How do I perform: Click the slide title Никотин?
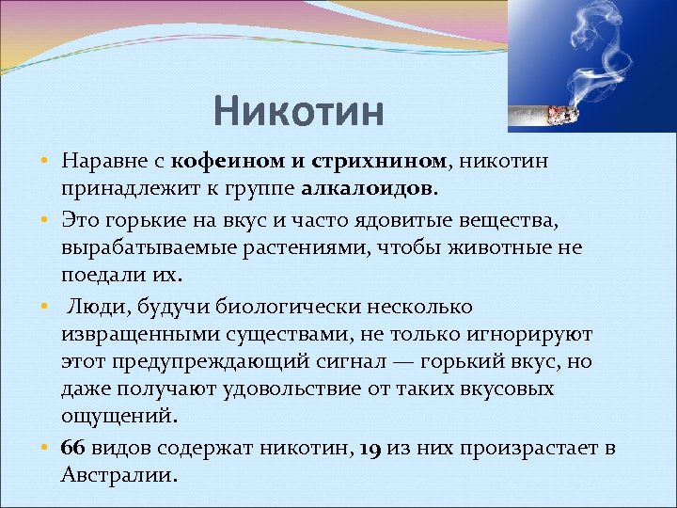pos(298,112)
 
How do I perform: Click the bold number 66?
pos(72,448)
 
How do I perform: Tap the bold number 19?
pos(370,448)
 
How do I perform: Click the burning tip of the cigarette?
pos(568,114)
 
